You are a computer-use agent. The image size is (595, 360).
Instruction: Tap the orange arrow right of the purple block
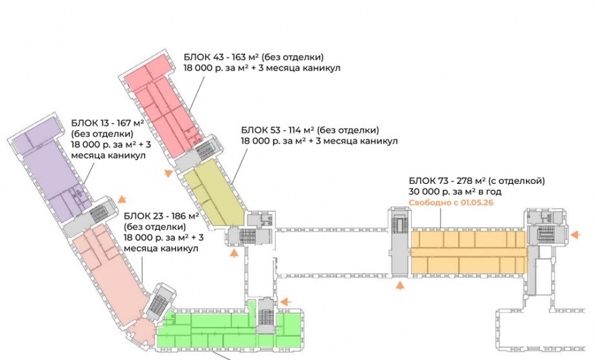[123, 199]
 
